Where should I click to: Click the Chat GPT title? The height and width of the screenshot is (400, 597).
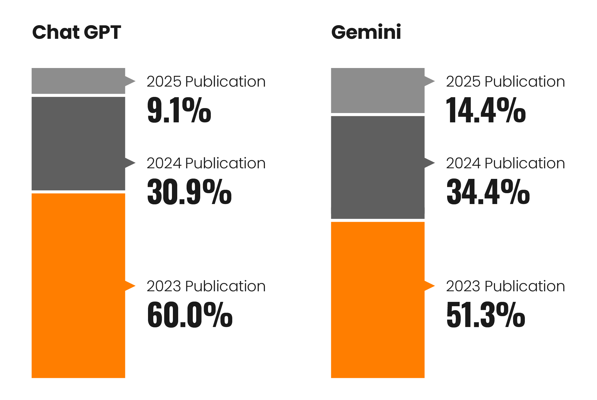tap(76, 32)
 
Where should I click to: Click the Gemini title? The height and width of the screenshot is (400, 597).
tap(366, 32)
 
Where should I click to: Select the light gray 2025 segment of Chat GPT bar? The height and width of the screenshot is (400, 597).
tap(78, 81)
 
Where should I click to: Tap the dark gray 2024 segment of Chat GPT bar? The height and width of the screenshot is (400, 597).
tap(78, 143)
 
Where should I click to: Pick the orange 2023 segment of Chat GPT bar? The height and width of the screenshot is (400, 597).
tap(78, 285)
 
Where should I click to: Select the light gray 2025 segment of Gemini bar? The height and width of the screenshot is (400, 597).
tap(377, 90)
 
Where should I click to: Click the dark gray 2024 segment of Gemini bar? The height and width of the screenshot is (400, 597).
tap(377, 167)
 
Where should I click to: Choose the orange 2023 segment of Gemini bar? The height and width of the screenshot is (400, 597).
tap(377, 300)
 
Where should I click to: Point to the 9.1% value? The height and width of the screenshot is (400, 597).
tap(179, 110)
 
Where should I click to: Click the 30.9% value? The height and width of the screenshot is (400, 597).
tap(189, 192)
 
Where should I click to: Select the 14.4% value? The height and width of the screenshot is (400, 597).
tap(486, 110)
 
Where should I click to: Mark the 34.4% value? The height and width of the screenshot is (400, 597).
tap(488, 192)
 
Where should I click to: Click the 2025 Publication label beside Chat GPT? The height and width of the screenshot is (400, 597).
tap(206, 81)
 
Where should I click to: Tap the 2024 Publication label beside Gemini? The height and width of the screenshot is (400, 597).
tap(505, 163)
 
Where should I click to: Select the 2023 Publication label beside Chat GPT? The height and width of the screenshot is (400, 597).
tap(206, 286)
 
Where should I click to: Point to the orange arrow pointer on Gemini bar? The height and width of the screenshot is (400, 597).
tap(429, 286)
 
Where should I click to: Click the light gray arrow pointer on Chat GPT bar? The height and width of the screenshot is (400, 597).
tap(130, 81)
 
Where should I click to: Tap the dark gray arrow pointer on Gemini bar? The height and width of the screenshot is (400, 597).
tap(429, 163)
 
